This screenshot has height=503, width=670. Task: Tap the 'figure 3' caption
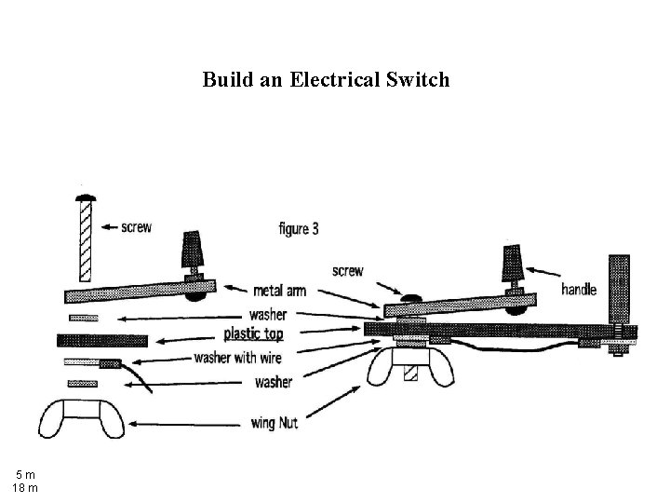click(x=299, y=228)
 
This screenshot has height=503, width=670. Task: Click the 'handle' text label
click(x=579, y=290)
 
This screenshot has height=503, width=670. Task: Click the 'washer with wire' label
click(x=243, y=358)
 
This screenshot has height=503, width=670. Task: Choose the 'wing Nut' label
click(x=275, y=424)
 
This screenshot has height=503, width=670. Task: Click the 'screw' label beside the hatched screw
click(x=136, y=225)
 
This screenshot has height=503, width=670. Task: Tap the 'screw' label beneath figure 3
click(x=347, y=271)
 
